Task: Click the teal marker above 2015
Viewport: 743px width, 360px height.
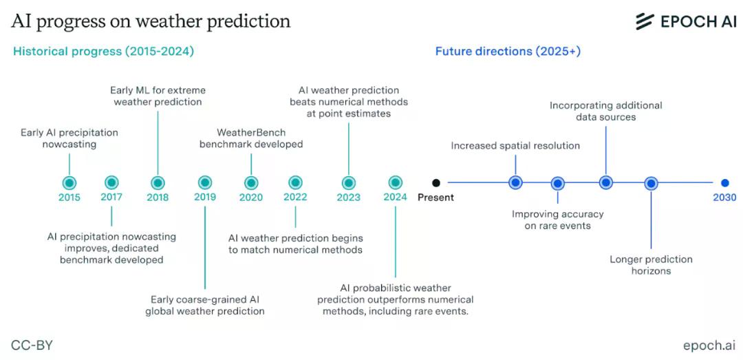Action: tap(69, 182)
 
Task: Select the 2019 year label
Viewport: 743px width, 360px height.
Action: tap(205, 197)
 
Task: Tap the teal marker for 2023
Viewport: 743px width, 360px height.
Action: tap(348, 182)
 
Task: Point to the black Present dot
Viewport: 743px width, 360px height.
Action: tap(436, 182)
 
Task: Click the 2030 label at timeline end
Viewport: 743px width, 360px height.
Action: tap(724, 197)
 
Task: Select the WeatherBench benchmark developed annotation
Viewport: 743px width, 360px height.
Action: tap(251, 138)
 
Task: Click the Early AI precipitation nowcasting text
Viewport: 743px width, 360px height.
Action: tap(69, 138)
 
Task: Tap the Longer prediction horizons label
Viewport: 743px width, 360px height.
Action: tap(651, 265)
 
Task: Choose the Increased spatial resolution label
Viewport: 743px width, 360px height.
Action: tap(515, 146)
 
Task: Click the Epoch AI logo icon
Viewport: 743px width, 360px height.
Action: tap(645, 21)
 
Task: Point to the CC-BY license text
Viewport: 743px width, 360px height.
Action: tap(32, 346)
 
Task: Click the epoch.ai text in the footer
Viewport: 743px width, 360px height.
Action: tap(709, 346)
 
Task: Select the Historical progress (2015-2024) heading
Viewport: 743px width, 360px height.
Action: tap(103, 51)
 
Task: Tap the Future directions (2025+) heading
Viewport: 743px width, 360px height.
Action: tap(508, 51)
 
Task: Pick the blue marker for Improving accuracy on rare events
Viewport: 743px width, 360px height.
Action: tap(558, 182)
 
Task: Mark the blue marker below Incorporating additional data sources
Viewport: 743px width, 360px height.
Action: tap(605, 182)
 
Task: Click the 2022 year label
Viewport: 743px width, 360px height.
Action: tap(295, 197)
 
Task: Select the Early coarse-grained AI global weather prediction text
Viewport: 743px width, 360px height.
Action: tap(205, 306)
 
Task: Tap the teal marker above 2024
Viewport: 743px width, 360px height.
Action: tap(395, 182)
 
